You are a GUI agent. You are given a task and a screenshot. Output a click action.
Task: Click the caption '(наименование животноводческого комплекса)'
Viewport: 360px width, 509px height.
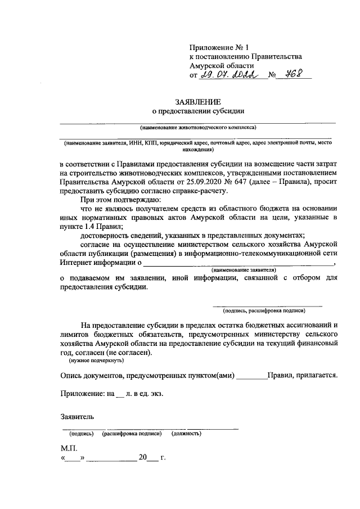(x=198, y=128)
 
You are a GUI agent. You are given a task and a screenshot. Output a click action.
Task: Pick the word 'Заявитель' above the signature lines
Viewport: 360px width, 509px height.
(x=77, y=417)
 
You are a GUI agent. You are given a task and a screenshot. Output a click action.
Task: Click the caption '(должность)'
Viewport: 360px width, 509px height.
(x=187, y=434)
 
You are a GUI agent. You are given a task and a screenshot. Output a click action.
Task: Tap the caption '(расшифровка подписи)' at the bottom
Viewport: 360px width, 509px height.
(x=132, y=434)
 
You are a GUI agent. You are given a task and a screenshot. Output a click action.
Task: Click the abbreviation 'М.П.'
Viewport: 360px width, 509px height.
(x=68, y=449)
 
